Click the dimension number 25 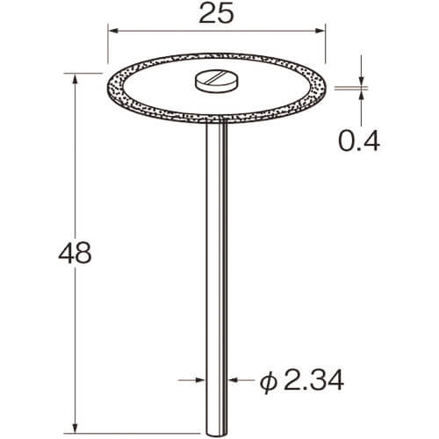point(216,14)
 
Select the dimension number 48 point(75,253)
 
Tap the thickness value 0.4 point(359,141)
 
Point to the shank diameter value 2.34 point(313,380)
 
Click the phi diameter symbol point(269,381)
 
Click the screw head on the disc point(217,81)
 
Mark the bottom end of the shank point(217,436)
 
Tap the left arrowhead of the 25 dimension point(113,31)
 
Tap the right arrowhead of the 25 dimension point(320,31)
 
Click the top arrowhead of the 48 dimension point(76,79)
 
